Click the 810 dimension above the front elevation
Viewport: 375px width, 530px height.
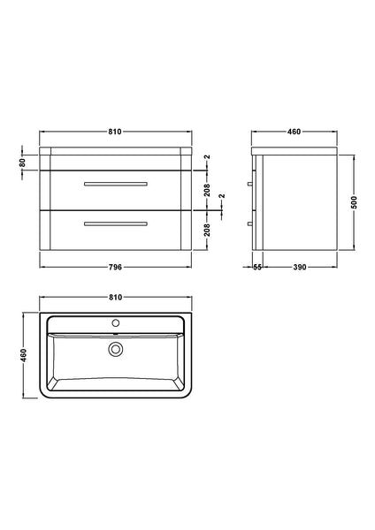[x=115, y=132]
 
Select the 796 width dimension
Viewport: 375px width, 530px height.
[x=115, y=268]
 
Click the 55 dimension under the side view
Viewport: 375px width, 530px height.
[x=256, y=268]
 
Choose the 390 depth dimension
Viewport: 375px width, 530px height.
[x=300, y=268]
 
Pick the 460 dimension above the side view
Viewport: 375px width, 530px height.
[x=295, y=132]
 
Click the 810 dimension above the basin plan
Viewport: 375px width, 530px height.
[x=115, y=298]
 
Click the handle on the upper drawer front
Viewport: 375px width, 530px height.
[x=115, y=184]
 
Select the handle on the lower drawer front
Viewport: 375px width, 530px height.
[x=115, y=224]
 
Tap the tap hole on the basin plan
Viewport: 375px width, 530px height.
[x=115, y=324]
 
